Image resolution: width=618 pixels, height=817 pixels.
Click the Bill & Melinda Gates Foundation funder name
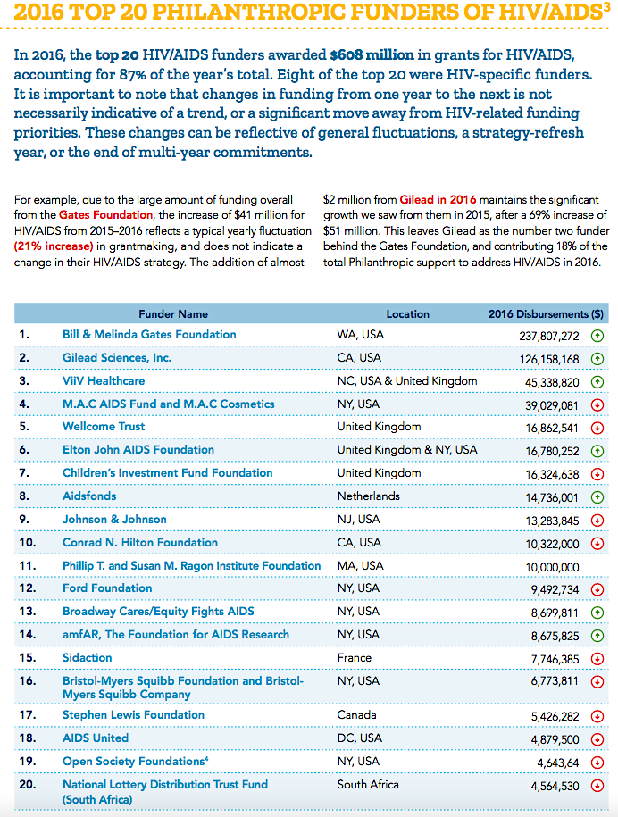[x=149, y=334]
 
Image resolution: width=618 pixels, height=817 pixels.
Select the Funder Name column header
[x=173, y=314]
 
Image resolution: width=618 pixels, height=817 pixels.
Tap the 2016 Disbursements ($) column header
[x=546, y=314]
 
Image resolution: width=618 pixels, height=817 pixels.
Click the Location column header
[x=407, y=314]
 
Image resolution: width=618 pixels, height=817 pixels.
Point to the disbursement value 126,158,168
[x=544, y=358]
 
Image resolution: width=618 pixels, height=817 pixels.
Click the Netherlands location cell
[x=369, y=496]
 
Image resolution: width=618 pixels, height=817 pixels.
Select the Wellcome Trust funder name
[x=104, y=427]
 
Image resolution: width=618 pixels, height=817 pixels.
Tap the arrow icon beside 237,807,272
[x=597, y=335]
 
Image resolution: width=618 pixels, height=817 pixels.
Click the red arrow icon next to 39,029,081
[x=597, y=404]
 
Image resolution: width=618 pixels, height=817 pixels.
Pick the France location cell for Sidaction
[x=355, y=658]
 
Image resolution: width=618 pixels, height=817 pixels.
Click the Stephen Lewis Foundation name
[x=133, y=714]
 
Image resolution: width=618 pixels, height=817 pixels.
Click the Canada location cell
[x=356, y=714]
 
